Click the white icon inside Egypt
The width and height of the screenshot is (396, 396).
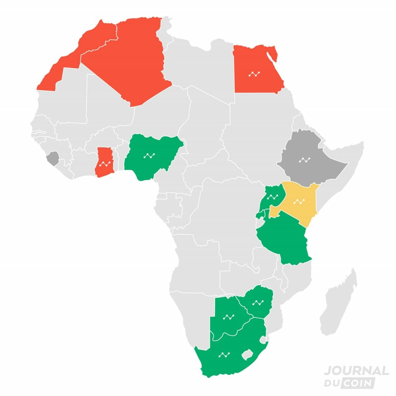(254, 74)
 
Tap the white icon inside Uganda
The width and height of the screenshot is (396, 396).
(273, 197)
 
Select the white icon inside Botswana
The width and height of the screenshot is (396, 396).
(228, 317)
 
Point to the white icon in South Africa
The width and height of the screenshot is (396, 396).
(223, 355)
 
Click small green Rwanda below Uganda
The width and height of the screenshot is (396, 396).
(261, 215)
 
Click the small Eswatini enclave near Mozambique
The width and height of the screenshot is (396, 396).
(263, 339)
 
